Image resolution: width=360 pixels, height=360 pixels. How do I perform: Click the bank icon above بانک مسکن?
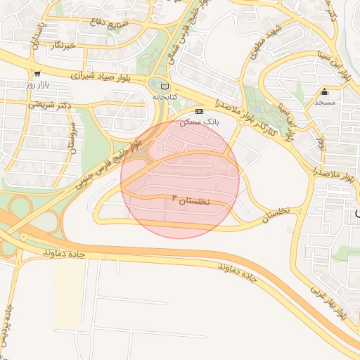coord(199,111)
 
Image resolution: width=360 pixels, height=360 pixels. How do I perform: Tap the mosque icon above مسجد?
coord(324,91)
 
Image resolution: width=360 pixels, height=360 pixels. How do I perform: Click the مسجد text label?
coord(324,103)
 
